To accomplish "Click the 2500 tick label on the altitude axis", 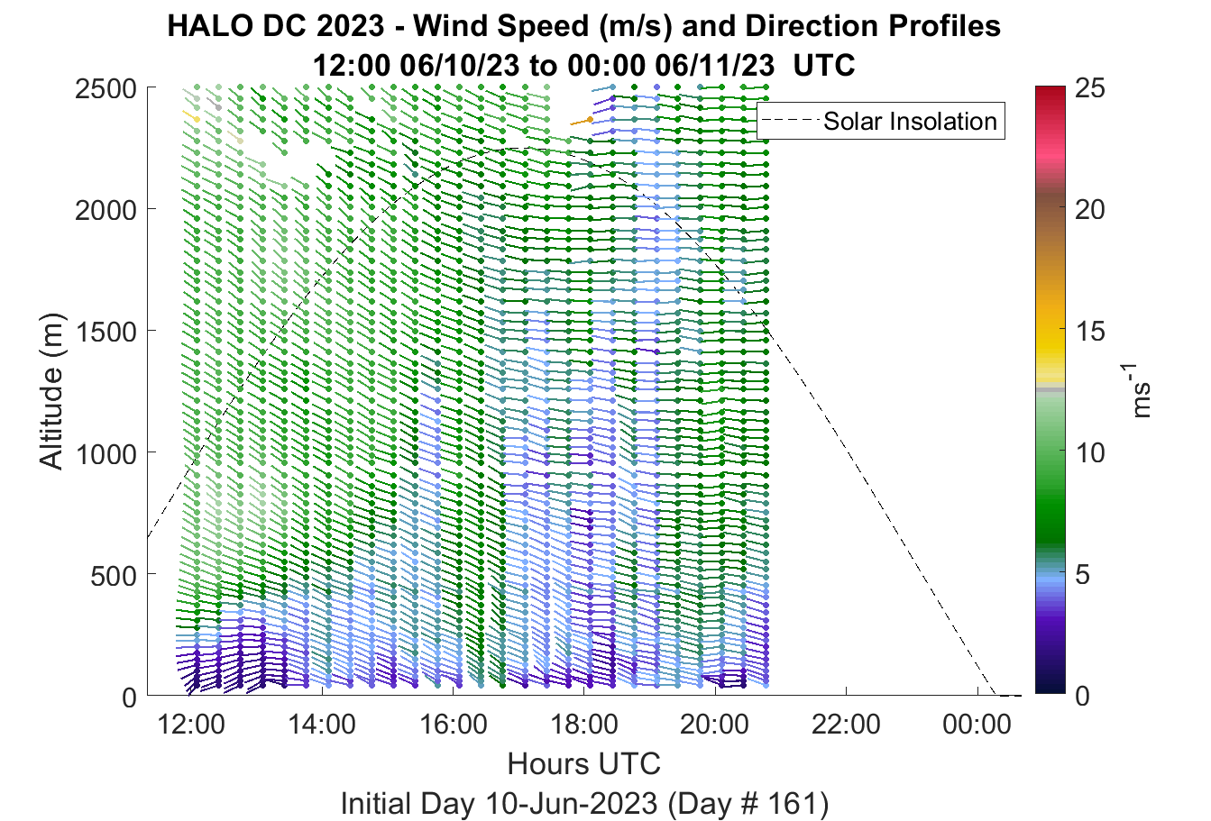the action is (106, 88).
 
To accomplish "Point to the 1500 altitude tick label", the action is (106, 332).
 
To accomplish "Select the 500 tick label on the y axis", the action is (114, 576).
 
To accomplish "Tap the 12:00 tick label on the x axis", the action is (191, 725).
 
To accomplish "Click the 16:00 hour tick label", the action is (453, 725).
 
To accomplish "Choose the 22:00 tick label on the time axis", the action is (846, 725).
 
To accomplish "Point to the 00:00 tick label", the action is (977, 725).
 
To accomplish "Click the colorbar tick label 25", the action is (1090, 87).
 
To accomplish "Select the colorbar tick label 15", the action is (1090, 331).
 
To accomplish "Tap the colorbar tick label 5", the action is (1082, 575).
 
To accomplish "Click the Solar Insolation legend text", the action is (910, 121).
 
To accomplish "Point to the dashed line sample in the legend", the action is (791, 121).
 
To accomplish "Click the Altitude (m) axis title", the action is (51, 391).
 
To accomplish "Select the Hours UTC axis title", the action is (584, 763).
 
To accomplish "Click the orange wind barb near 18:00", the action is (582, 122).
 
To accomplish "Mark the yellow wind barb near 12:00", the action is (191, 115).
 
